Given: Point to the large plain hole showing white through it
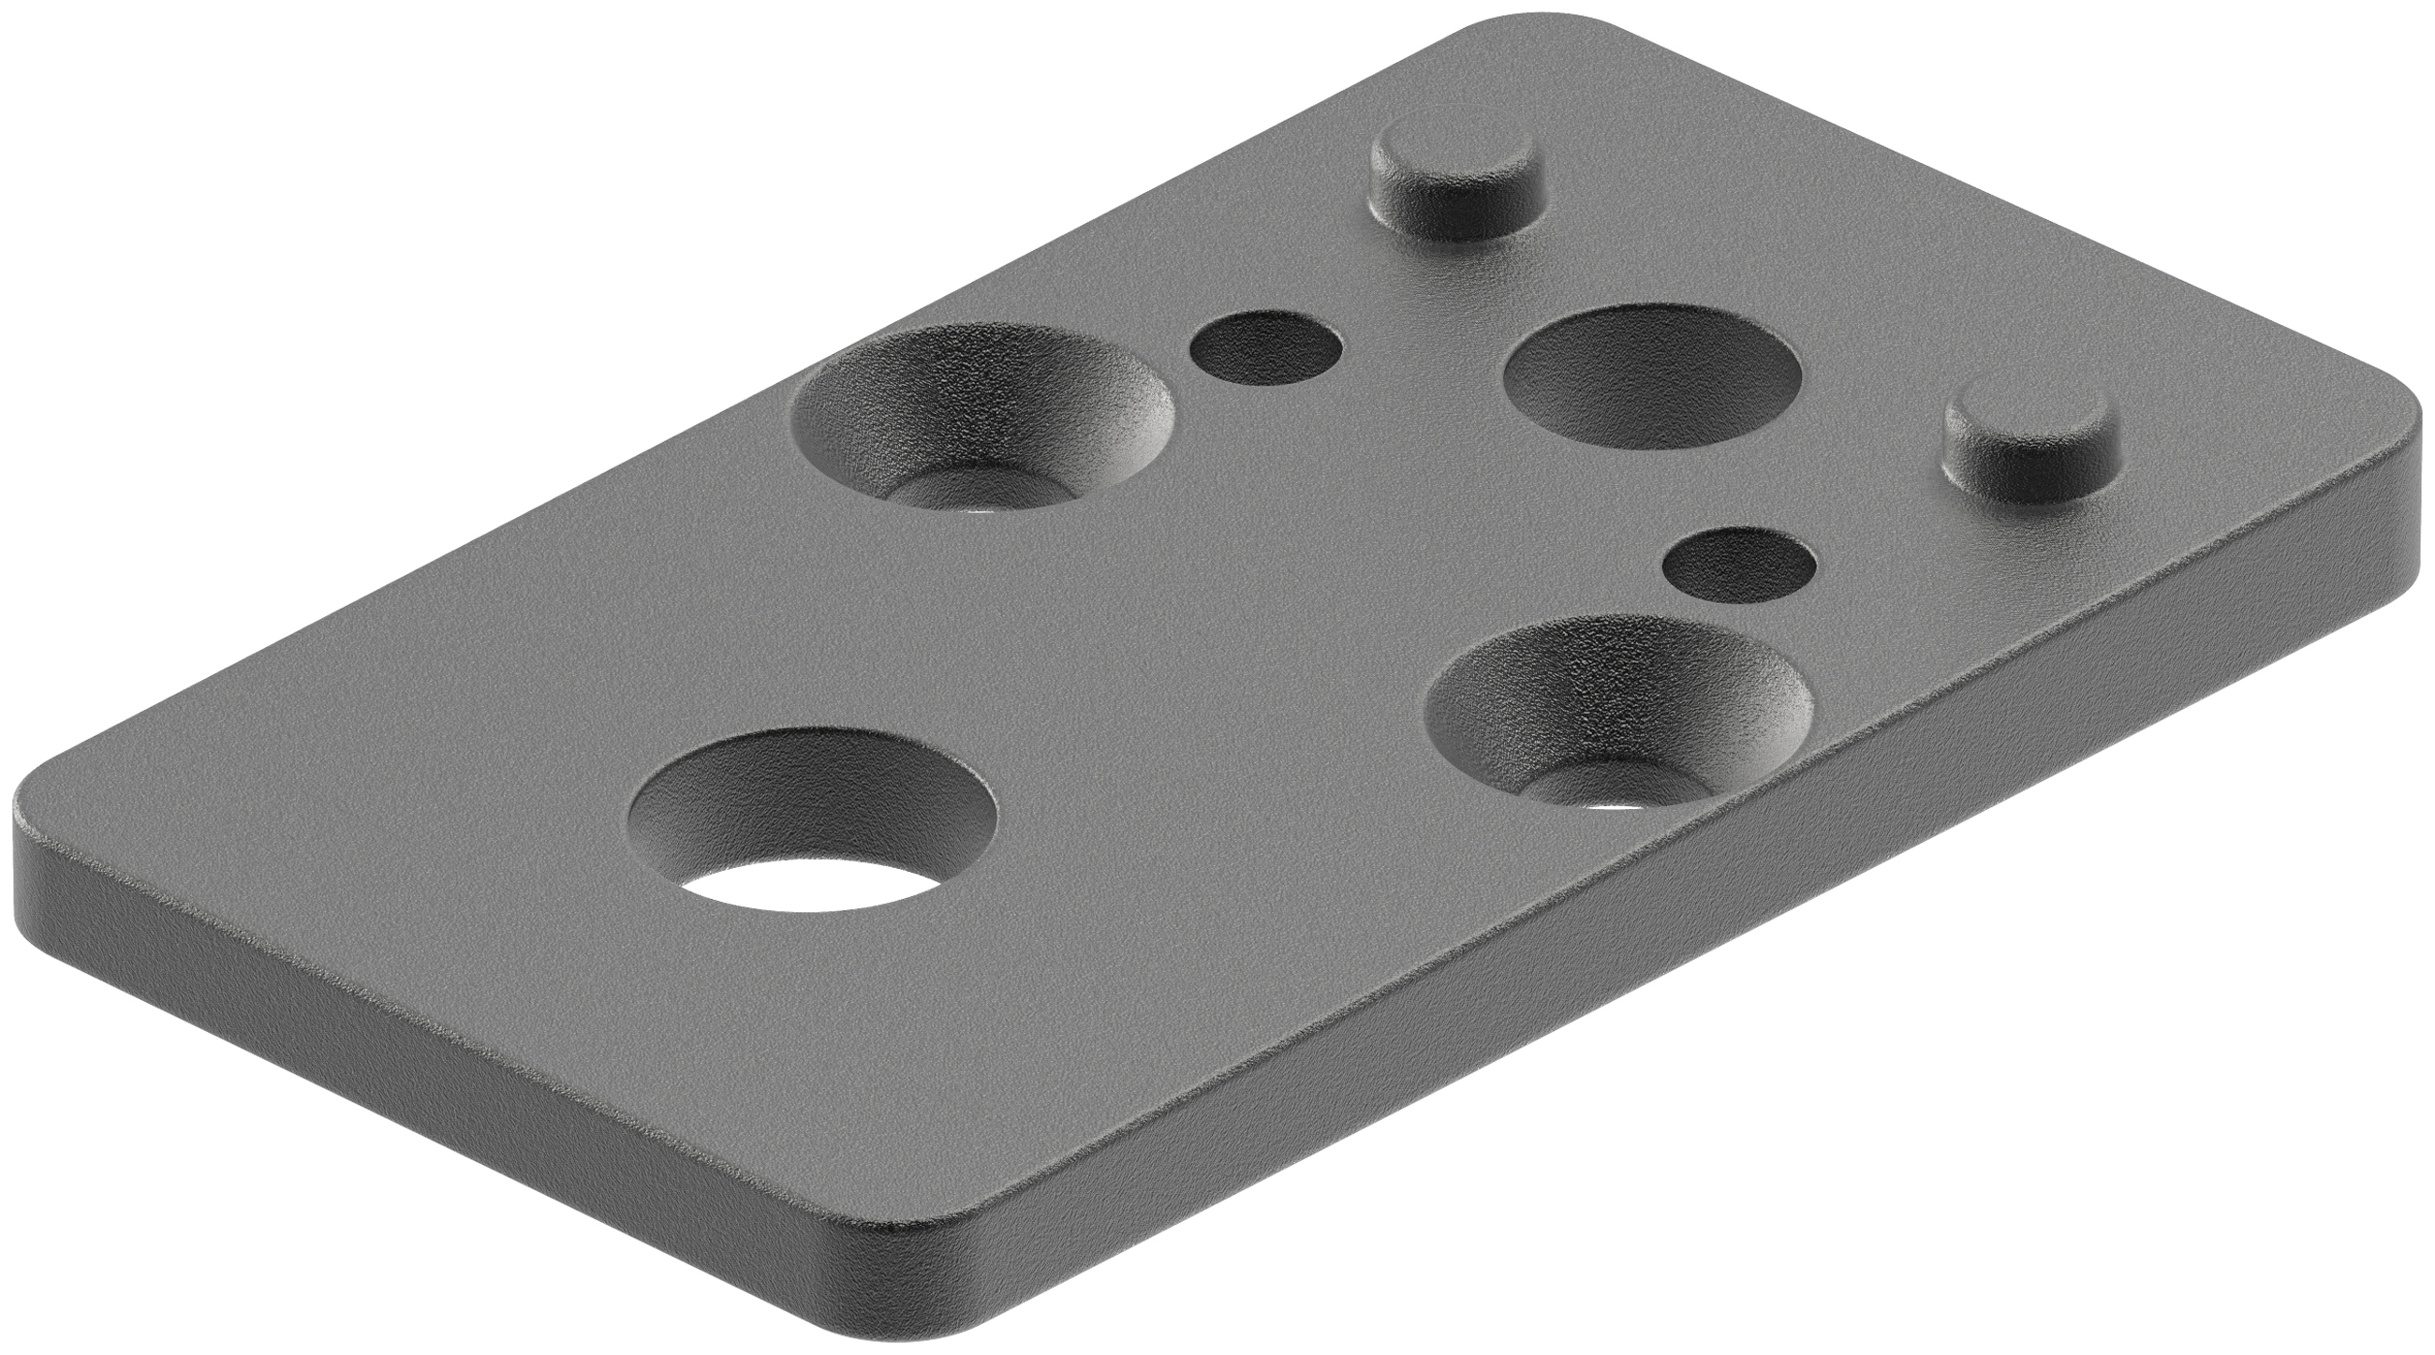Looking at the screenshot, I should click(813, 822).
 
